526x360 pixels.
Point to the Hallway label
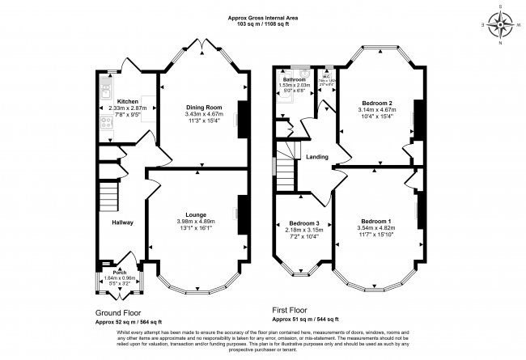coord(122,222)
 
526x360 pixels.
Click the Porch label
coord(118,272)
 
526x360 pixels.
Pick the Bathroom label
coord(294,79)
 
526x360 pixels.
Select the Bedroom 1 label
coord(376,222)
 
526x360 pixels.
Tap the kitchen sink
coord(106,82)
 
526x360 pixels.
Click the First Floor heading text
coord(293,309)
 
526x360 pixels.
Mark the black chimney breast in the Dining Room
coord(240,121)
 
